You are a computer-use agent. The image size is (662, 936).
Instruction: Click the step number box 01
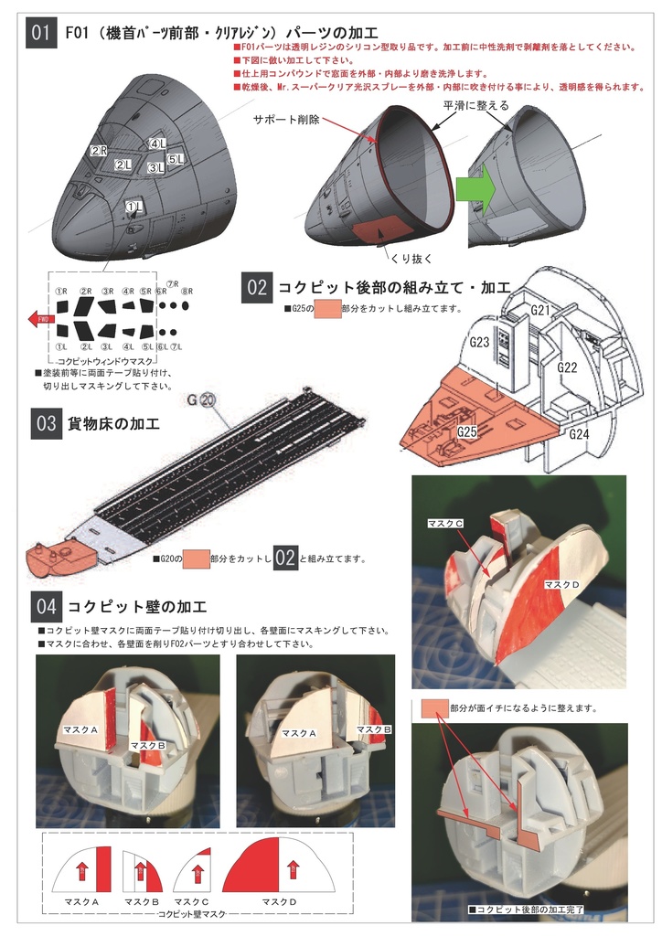click(40, 34)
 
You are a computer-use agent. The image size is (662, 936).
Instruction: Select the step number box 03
click(45, 425)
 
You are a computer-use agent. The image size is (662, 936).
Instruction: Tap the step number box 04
click(45, 606)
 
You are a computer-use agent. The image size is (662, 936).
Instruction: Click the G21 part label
click(541, 311)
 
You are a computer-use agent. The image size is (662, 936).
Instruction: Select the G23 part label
click(480, 342)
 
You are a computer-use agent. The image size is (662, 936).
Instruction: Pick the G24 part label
click(578, 434)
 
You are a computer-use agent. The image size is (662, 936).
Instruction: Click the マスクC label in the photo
click(446, 523)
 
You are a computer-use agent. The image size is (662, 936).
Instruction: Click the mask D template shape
click(279, 867)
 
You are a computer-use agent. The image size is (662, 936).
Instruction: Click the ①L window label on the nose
click(133, 208)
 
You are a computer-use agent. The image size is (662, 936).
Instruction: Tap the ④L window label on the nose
click(157, 144)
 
